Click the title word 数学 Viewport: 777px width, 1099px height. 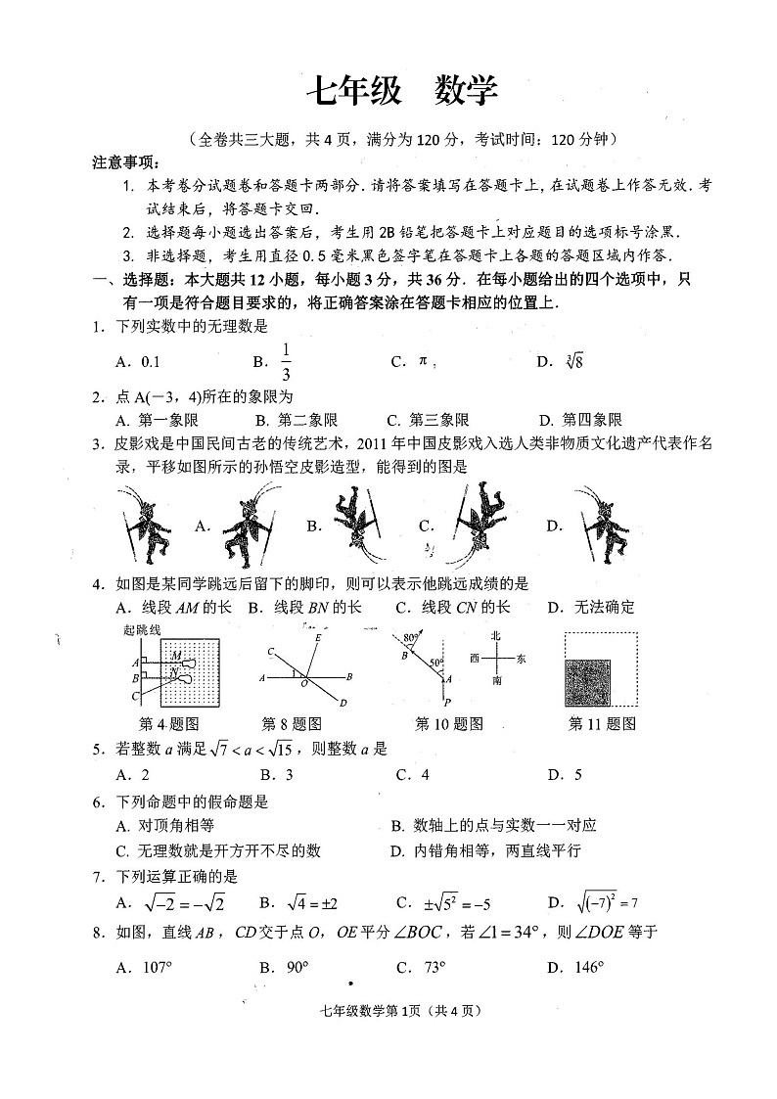(x=465, y=91)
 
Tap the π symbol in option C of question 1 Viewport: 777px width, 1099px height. (x=424, y=361)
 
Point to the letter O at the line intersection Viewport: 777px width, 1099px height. (x=304, y=684)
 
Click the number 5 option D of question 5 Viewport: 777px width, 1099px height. (x=578, y=775)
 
